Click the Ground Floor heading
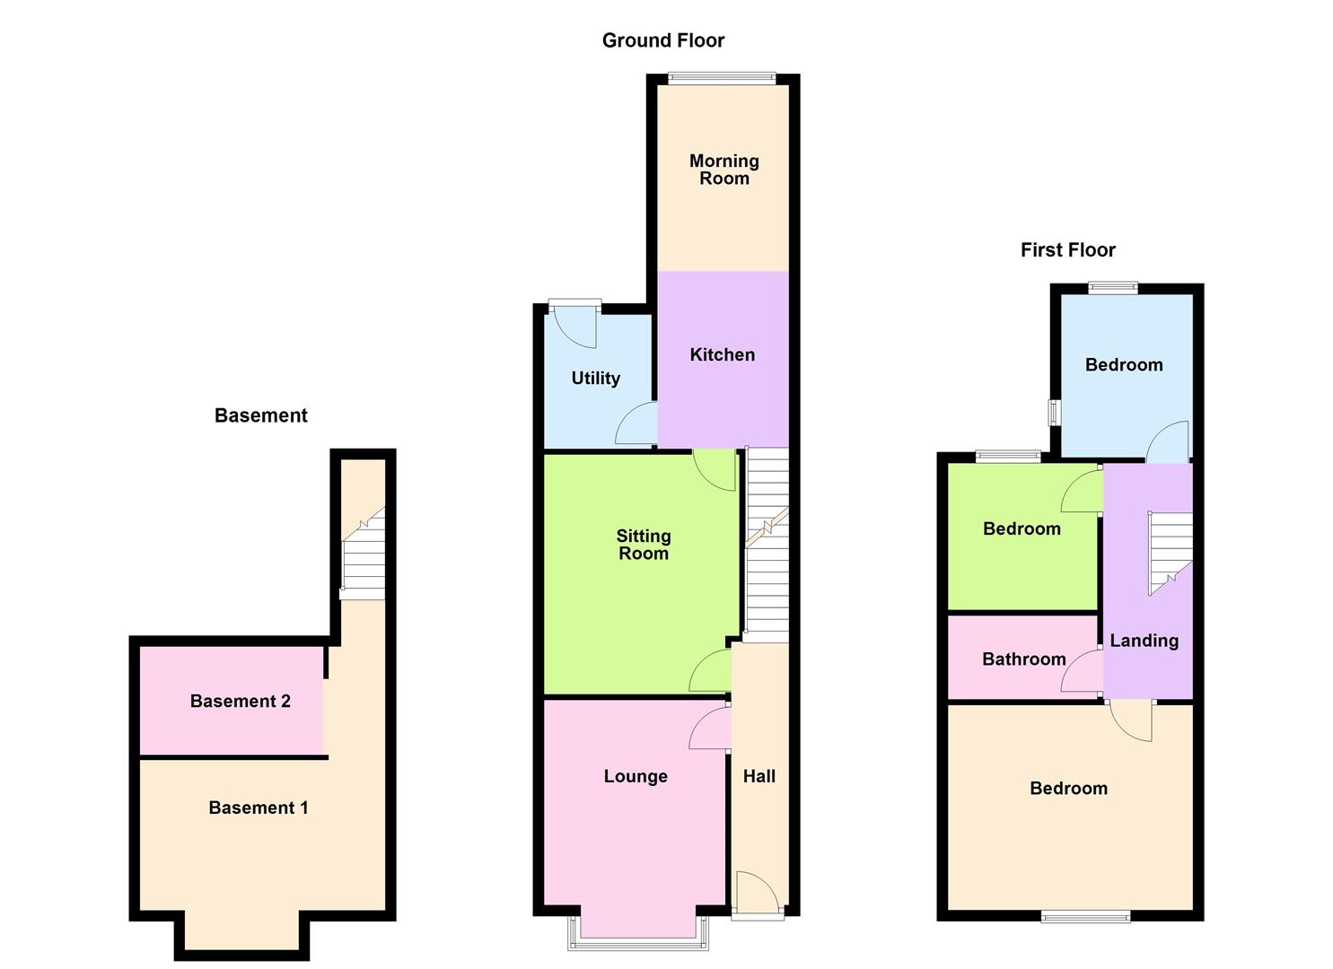click(x=662, y=40)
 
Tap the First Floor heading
click(x=1067, y=250)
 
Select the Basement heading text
click(x=260, y=415)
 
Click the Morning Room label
click(x=724, y=170)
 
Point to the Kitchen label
click(x=722, y=355)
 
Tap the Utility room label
click(x=595, y=379)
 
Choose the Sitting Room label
click(x=643, y=545)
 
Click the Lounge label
click(x=636, y=777)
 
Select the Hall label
click(x=759, y=777)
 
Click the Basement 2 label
click(x=240, y=702)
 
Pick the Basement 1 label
click(x=258, y=808)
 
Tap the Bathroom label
click(x=1023, y=659)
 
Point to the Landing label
click(x=1144, y=641)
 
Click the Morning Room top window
click(x=722, y=78)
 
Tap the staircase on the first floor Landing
click(x=1170, y=552)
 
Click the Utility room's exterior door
click(x=575, y=325)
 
